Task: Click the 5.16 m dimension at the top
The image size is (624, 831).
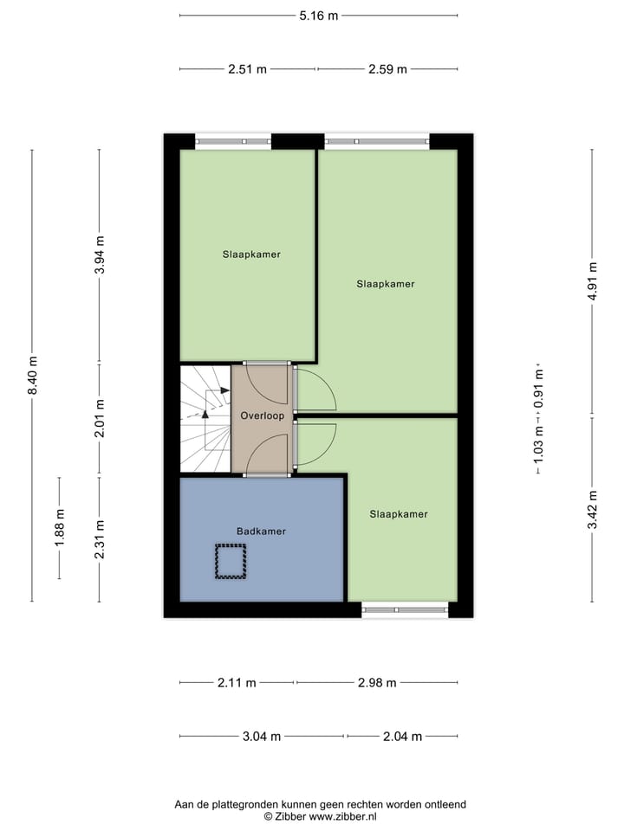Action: coord(318,16)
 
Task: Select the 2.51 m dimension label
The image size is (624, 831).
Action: coord(247,69)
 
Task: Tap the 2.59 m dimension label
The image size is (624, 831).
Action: coord(387,69)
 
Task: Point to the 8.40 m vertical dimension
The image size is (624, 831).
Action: coord(33,376)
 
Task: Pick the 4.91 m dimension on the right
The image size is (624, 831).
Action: coord(593,281)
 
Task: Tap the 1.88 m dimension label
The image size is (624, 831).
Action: coord(60,527)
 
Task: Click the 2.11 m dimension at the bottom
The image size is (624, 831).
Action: coord(237,683)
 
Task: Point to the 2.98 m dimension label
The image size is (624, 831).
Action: coord(377,683)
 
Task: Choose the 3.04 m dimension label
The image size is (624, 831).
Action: coord(262,737)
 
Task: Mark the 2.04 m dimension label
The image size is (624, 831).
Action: coord(402,737)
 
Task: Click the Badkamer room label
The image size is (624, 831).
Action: coord(261,531)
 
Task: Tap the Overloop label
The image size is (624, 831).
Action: coord(263,415)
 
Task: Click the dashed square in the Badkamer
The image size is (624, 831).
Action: coord(231,561)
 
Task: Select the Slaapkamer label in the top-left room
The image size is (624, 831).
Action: coord(251,254)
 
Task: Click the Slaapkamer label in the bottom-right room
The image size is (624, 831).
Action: coord(399,514)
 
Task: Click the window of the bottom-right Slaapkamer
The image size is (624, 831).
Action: coord(404,609)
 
